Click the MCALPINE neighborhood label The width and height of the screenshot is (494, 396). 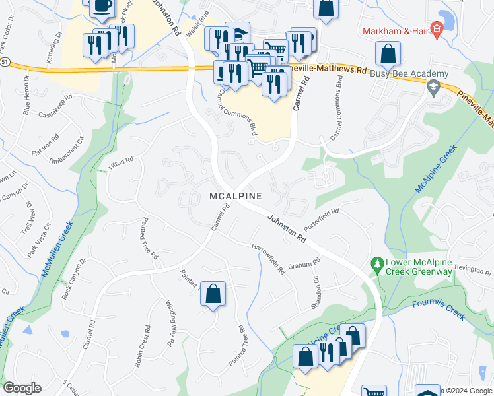tap(236, 196)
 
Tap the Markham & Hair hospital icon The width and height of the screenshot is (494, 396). tap(435, 29)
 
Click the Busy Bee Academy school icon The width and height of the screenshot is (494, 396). tap(433, 86)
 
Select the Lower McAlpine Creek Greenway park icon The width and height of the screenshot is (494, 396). tap(377, 265)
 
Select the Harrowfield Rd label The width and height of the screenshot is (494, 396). tap(267, 258)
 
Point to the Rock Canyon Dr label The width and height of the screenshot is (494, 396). tap(74, 277)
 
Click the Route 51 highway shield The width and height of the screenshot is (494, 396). tap(5, 61)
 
